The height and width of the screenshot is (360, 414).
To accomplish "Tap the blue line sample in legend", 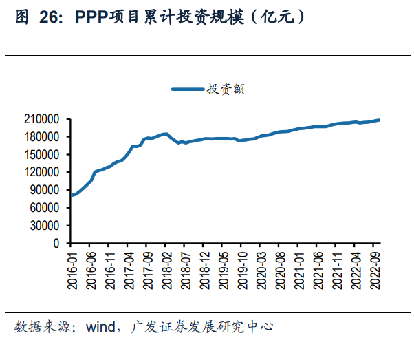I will [x=187, y=89].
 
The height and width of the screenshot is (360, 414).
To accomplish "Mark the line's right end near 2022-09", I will [x=379, y=120].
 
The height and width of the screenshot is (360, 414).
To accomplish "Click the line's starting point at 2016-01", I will [x=72, y=195].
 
